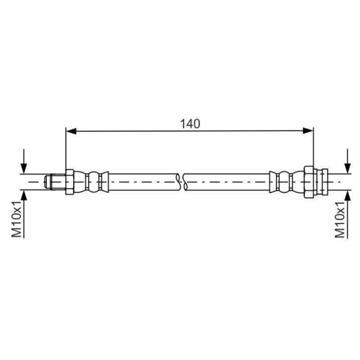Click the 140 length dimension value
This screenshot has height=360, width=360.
190,124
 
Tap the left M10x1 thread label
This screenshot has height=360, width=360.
17,219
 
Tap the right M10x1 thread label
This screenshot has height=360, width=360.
340,220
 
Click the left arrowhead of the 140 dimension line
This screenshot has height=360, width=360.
71,131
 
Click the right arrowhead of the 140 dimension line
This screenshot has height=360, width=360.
308,131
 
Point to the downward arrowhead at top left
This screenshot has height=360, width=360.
24,168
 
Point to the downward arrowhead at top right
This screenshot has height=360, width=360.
347,168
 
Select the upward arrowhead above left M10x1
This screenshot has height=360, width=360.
24,195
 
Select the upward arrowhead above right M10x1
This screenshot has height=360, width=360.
347,196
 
